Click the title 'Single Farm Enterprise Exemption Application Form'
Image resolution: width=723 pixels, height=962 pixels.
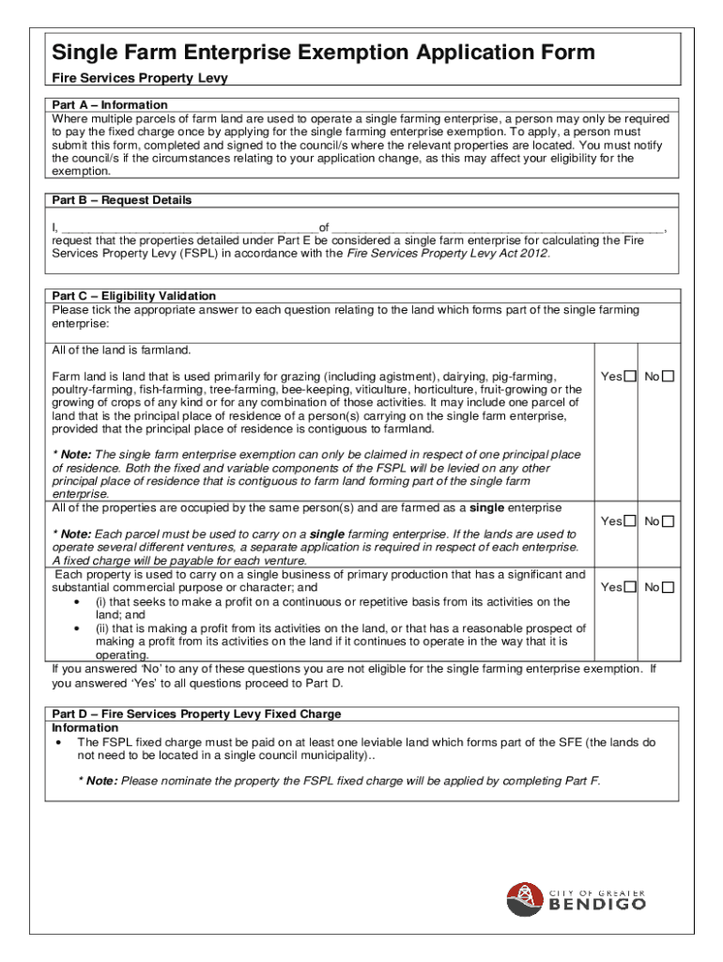click(323, 52)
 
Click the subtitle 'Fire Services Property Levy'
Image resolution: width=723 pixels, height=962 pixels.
click(140, 79)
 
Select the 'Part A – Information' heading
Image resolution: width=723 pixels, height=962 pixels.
click(110, 104)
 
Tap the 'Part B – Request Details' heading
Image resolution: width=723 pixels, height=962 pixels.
click(122, 200)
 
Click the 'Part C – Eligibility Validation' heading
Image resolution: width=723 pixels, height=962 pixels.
click(134, 296)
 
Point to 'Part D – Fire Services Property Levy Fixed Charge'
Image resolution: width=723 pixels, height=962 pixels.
click(196, 714)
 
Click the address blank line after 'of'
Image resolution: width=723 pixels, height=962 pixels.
click(498, 227)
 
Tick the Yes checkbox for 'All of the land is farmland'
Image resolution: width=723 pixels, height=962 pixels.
click(631, 377)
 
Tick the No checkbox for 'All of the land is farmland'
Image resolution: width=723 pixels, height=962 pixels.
click(669, 377)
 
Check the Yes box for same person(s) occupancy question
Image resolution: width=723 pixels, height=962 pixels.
click(631, 521)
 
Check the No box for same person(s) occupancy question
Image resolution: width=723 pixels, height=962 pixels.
click(669, 521)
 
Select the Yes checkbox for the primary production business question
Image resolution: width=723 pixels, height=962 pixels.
click(631, 587)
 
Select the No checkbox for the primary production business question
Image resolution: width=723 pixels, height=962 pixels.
click(669, 587)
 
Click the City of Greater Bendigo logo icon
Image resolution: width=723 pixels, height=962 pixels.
click(524, 899)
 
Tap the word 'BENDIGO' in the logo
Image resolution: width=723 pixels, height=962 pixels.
click(596, 905)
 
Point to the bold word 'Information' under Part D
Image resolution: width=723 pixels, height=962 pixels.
click(85, 728)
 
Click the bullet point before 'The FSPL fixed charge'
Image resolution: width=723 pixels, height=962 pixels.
click(59, 742)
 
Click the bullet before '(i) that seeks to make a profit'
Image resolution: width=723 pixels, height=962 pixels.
click(76, 602)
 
